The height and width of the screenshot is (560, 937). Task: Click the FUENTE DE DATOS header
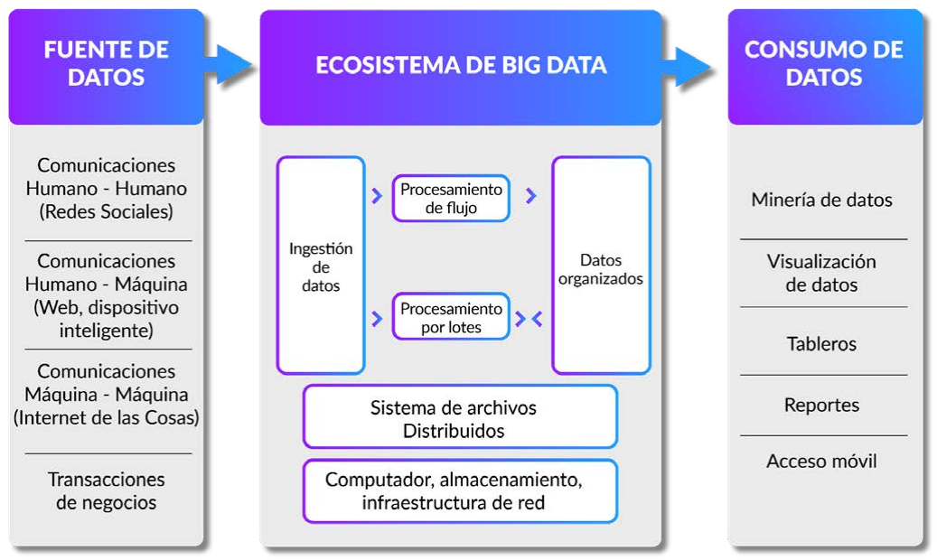pyautogui.click(x=106, y=63)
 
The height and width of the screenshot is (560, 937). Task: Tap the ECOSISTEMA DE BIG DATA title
pyautogui.click(x=461, y=65)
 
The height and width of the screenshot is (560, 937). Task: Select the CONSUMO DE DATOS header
pyautogui.click(x=823, y=63)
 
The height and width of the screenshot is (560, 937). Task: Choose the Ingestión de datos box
pyautogui.click(x=321, y=266)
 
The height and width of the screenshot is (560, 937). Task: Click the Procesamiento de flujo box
pyautogui.click(x=451, y=199)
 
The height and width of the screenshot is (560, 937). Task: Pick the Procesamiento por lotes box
pyautogui.click(x=451, y=317)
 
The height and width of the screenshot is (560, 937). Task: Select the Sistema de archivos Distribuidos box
pyautogui.click(x=460, y=417)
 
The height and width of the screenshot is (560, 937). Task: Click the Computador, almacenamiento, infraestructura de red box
pyautogui.click(x=460, y=491)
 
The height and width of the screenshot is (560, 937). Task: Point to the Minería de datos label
pyautogui.click(x=821, y=201)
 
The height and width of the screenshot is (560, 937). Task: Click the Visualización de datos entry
pyautogui.click(x=821, y=273)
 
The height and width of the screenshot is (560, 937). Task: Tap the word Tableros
pyautogui.click(x=821, y=344)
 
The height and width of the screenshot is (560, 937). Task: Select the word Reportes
pyautogui.click(x=821, y=406)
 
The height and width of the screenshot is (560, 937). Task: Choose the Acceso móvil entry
pyautogui.click(x=821, y=462)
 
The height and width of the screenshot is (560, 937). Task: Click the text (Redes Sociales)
pyautogui.click(x=106, y=212)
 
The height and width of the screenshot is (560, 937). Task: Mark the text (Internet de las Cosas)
pyautogui.click(x=106, y=418)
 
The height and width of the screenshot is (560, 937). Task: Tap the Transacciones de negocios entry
pyautogui.click(x=106, y=490)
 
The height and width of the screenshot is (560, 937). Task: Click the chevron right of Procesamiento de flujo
pyautogui.click(x=531, y=196)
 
